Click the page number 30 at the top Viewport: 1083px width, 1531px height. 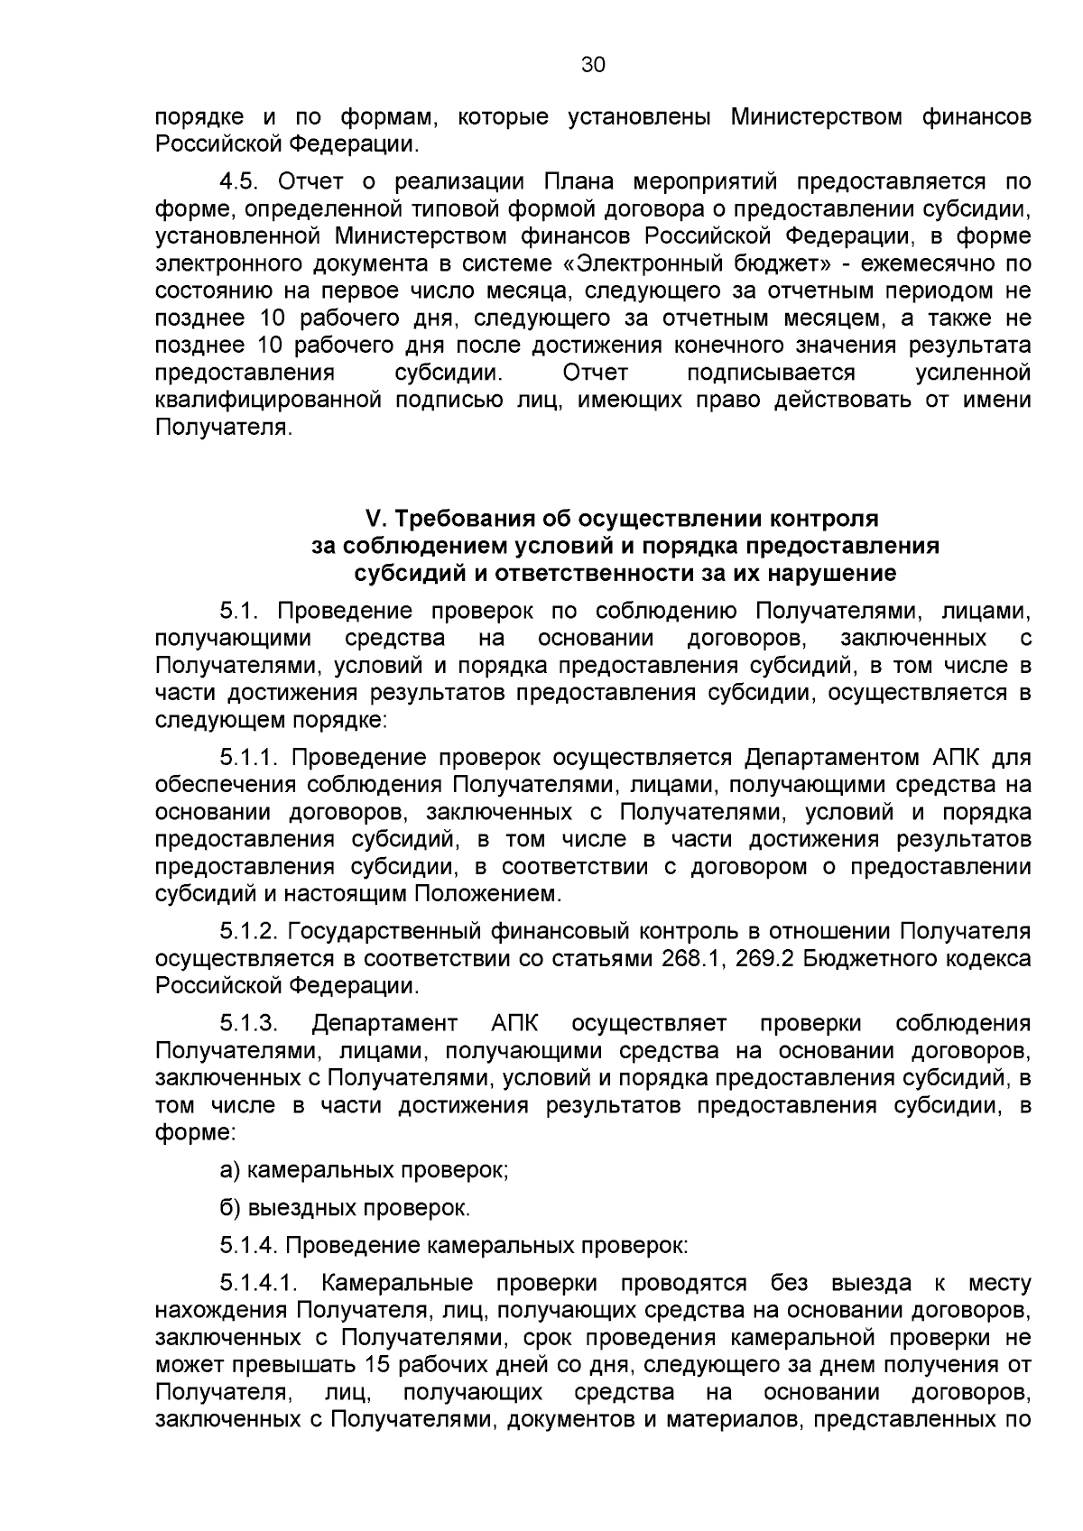[593, 65]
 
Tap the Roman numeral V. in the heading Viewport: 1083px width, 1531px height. [375, 519]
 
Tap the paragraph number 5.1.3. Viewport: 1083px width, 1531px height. [249, 1024]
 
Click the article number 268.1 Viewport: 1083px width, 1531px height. [690, 958]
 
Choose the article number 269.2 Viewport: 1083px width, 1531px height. [764, 958]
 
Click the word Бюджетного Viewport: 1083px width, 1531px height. [867, 958]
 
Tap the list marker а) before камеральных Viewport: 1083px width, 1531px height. [230, 1171]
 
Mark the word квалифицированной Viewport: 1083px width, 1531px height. [265, 400]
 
